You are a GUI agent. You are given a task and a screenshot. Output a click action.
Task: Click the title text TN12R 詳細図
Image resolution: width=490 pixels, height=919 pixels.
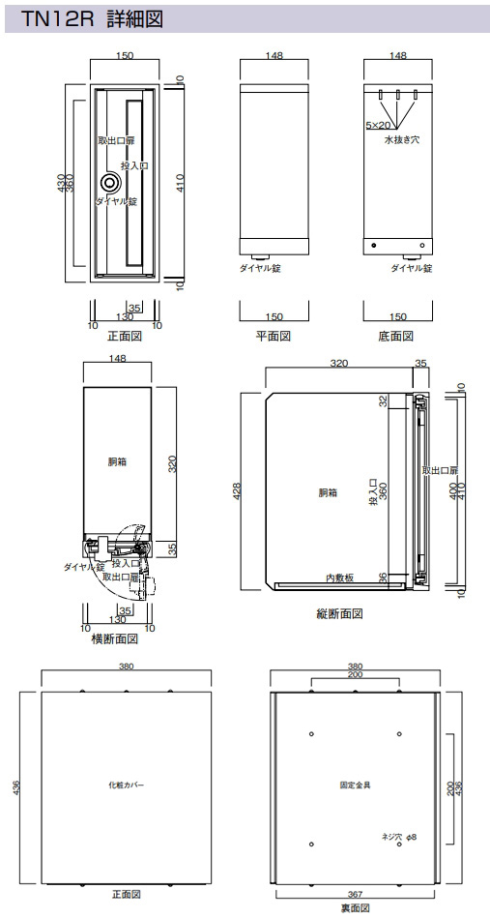(x=92, y=19)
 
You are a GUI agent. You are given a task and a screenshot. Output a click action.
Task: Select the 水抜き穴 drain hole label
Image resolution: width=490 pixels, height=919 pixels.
(x=401, y=140)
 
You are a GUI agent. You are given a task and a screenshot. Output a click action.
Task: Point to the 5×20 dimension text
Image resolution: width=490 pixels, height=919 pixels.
(x=378, y=125)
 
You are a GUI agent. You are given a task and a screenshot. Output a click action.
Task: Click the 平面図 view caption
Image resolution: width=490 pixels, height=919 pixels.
(x=274, y=337)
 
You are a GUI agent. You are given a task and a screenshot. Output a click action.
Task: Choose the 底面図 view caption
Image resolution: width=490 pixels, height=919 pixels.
(x=395, y=337)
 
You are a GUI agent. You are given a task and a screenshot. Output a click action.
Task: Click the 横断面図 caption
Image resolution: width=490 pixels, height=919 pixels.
(x=115, y=638)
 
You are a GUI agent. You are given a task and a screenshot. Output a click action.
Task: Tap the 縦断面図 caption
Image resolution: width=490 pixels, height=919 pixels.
(x=339, y=613)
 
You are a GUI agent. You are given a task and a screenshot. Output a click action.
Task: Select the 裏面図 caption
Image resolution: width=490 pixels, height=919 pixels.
(x=355, y=908)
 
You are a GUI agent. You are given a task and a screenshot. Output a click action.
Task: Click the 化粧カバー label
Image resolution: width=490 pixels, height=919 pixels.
(x=126, y=785)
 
